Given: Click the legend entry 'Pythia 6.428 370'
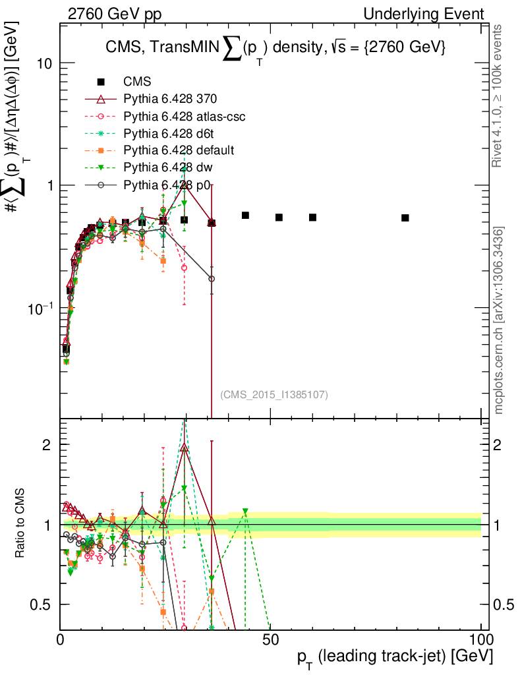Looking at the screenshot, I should coord(170,100).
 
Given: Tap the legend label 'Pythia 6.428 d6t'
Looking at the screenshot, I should coord(169,134).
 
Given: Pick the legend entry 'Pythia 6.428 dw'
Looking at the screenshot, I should coord(167,168).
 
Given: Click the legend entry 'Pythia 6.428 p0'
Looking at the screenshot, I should coord(167,185).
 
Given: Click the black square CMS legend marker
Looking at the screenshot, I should coord(101,82).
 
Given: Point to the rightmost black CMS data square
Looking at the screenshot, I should coord(405,218).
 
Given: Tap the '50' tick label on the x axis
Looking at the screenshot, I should coord(270,639).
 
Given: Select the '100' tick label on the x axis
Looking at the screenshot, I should coord(480,639).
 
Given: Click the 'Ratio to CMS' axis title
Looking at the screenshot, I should coord(22,525).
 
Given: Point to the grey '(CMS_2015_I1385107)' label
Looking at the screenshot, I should coord(274,395).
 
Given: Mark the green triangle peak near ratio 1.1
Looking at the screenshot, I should coord(245,512).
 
